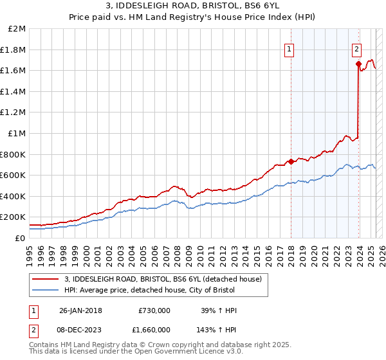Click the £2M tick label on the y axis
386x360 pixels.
pos(17,29)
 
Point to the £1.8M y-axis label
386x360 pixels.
pos(14,50)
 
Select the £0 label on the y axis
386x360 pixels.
pos(20,237)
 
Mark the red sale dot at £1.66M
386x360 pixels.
pos(358,64)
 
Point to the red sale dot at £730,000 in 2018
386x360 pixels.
pos(291,161)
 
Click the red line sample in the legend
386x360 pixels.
pos(45,280)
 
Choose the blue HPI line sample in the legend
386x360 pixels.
pos(45,290)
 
